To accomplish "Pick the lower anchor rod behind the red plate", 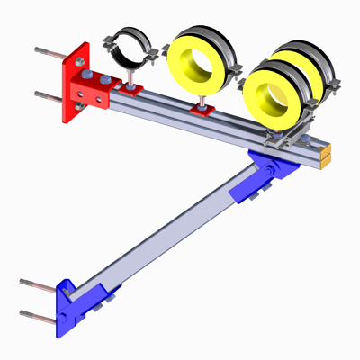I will coord(48,94).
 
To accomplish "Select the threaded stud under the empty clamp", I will coord(132,78).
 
